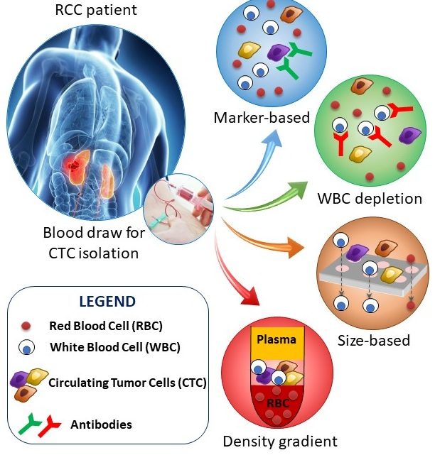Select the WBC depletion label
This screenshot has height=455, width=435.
tap(370, 198)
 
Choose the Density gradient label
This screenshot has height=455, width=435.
tap(279, 442)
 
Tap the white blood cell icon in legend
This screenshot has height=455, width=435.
tap(26, 349)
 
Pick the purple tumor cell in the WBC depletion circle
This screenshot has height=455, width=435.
tap(408, 135)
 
